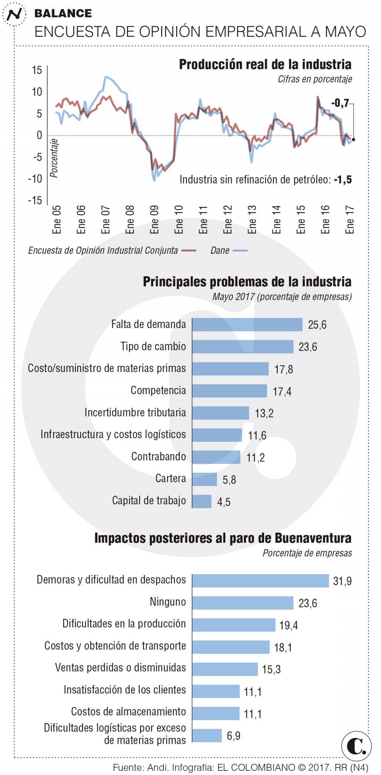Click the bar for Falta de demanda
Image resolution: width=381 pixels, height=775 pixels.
coord(247,325)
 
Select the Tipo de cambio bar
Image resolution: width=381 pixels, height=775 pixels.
coord(242,347)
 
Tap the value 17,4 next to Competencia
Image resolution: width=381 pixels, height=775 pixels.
coord(282,391)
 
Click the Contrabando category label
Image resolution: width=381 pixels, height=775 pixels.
coord(158,456)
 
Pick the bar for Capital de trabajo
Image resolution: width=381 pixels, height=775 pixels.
coord(202,501)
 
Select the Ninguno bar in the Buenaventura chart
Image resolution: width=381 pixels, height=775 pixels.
coord(242,603)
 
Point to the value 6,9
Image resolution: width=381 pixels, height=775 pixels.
coord(233,735)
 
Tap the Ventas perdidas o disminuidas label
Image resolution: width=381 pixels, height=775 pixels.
coord(120,668)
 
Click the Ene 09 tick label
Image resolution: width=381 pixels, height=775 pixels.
coord(154,219)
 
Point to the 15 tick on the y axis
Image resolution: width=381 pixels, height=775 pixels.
coord(37,70)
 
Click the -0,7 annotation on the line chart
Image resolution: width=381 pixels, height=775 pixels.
coord(340,103)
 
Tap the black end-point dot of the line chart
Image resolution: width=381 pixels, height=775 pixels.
coord(354,139)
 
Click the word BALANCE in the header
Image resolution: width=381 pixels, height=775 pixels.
coord(63,13)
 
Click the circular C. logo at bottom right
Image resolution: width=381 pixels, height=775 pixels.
coord(356,746)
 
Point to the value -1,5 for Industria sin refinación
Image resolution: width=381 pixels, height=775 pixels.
coord(343,179)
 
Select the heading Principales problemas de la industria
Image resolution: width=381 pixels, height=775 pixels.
coord(247,282)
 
